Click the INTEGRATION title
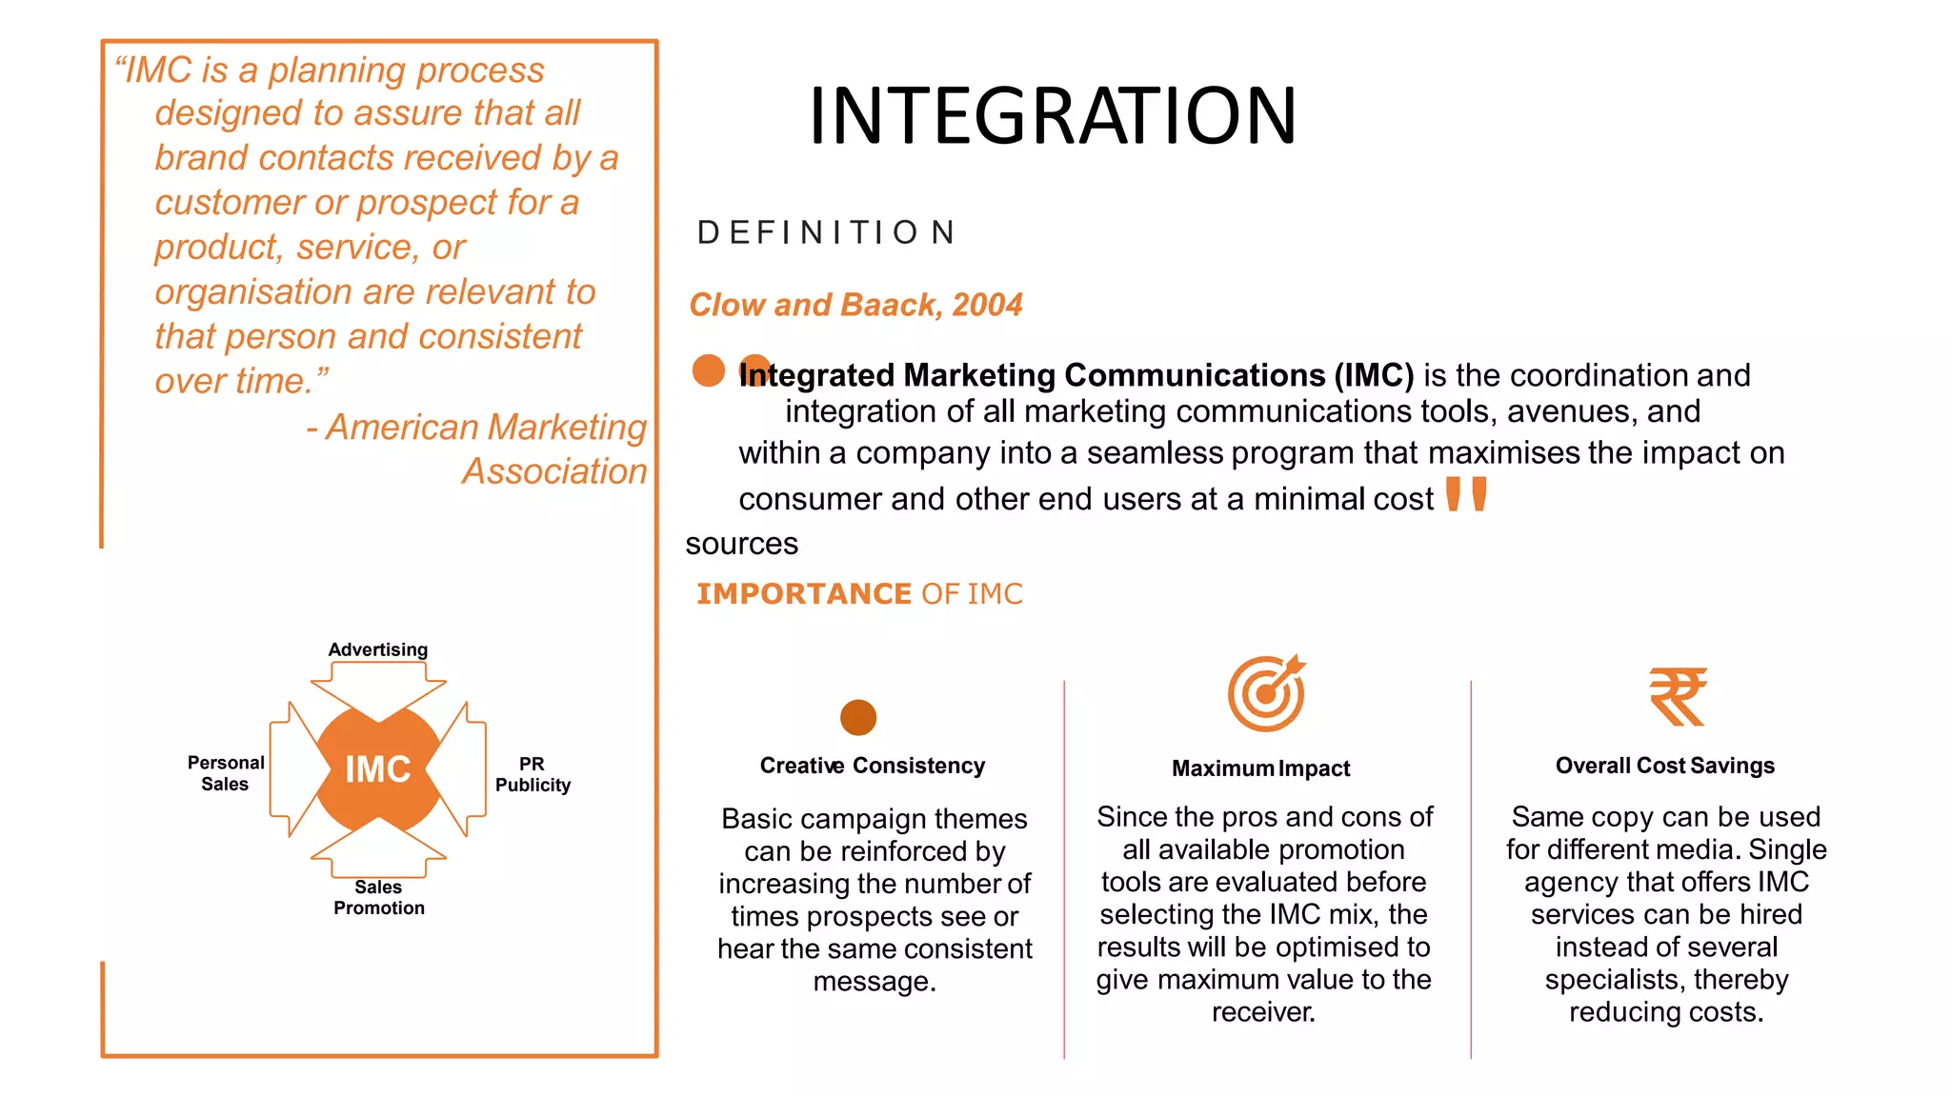pos(1052,116)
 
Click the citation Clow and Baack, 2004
pos(855,305)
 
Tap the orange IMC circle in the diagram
pos(378,769)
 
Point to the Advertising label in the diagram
pos(378,649)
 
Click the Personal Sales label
pos(226,773)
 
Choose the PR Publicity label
pos(533,774)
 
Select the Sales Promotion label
pos(379,897)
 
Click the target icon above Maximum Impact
pos(1266,693)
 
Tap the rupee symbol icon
pos(1678,696)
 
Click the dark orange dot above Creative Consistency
pos(858,717)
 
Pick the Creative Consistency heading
pos(872,766)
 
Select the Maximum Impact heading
pos(1260,768)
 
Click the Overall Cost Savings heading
pos(1664,766)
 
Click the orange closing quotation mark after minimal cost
pos(1466,494)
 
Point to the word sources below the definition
pos(741,544)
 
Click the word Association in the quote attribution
pos(554,471)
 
